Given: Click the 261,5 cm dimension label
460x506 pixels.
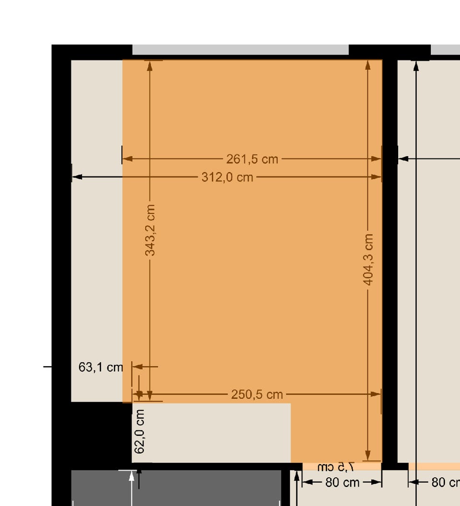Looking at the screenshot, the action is point(252,159).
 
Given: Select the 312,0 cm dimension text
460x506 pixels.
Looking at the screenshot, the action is point(227,177).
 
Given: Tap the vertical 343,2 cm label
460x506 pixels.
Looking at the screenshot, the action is point(150,230).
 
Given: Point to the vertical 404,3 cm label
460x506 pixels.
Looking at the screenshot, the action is point(368,260).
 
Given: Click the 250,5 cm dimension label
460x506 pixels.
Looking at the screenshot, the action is point(257,394).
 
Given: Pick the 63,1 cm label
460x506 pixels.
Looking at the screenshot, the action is point(101,367).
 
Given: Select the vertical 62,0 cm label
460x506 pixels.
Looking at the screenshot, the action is point(139,431).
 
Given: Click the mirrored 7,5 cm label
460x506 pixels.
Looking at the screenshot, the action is point(336,467).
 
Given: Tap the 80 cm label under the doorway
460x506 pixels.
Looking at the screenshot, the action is point(343,483).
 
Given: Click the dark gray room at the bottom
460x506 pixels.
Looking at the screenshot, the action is point(176,488).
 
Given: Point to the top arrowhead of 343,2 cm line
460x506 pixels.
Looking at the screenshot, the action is point(149,66).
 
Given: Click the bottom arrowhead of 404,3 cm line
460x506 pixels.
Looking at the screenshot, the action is point(368,455).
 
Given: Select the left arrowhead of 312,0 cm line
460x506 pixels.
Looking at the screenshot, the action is point(77,177).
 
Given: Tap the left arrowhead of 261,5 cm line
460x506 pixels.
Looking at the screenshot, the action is point(127,159).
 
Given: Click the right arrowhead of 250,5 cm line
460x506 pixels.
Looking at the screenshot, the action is point(376,394).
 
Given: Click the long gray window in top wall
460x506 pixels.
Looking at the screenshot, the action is point(241,50).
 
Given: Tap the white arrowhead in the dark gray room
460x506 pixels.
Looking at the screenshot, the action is point(131,476).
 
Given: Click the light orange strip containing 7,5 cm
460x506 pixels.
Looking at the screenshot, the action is point(342,466).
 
